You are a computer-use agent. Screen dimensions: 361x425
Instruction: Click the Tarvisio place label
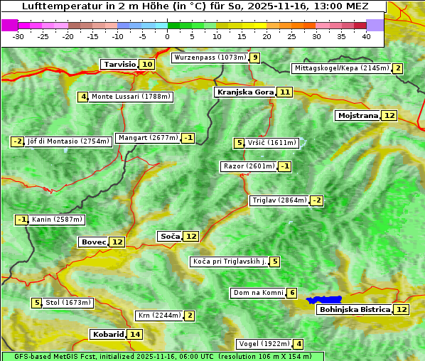point(119,64)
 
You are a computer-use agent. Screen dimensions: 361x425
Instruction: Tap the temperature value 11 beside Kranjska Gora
point(285,92)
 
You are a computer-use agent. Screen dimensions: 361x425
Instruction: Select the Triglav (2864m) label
point(279,200)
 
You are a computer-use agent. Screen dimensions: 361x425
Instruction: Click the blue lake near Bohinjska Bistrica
point(325,301)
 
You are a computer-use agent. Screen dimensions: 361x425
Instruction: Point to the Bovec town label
point(93,242)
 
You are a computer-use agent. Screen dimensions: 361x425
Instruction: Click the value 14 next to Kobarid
point(135,334)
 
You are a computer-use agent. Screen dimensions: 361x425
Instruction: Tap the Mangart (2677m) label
point(148,138)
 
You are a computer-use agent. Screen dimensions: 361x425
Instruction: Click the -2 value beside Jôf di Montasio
point(18,141)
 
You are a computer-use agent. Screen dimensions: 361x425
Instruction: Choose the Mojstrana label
point(357,115)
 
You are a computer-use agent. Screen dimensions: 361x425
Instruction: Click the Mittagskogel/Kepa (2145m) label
point(341,68)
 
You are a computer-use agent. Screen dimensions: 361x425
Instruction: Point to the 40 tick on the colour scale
point(366,36)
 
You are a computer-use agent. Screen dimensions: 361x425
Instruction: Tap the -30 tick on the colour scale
point(18,36)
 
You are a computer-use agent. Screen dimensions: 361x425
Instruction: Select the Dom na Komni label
point(258,293)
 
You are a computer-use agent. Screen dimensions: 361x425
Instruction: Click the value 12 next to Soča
point(191,236)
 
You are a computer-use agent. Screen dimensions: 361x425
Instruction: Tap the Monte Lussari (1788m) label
point(131,97)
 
